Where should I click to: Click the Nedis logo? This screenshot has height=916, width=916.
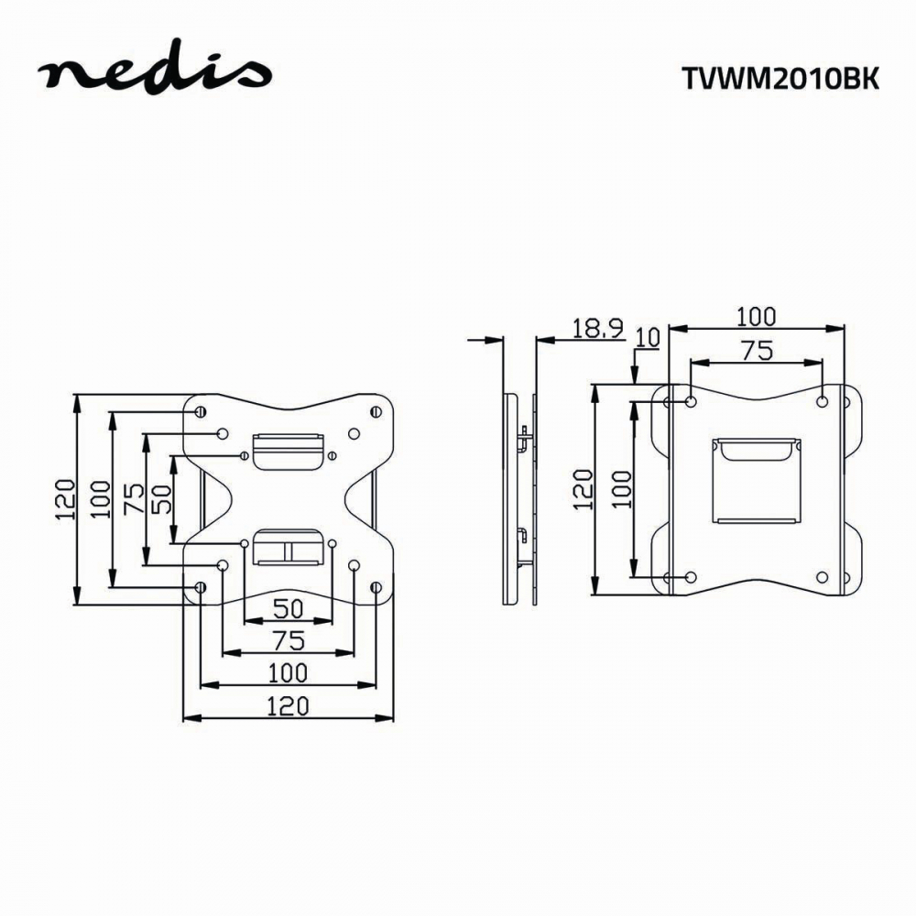[x=155, y=69]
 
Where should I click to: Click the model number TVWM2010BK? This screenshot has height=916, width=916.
[x=780, y=80]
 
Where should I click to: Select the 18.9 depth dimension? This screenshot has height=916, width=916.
[x=597, y=328]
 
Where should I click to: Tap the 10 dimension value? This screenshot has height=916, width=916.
[x=648, y=338]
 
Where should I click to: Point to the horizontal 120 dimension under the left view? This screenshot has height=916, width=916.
[x=288, y=706]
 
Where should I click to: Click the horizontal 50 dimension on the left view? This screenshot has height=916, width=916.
[x=289, y=609]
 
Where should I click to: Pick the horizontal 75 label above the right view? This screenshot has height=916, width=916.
[x=758, y=351]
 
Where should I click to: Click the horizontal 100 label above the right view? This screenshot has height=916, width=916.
[x=756, y=317]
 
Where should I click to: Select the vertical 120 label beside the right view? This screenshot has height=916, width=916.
[x=583, y=489]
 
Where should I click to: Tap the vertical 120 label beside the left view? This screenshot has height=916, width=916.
[x=65, y=499]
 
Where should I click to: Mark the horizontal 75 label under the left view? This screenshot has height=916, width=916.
[x=289, y=641]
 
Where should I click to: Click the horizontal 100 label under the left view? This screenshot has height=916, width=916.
[x=288, y=673]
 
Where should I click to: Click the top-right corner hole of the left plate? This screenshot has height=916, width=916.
[x=376, y=412]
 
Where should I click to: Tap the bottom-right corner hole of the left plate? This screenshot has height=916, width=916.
[x=376, y=587]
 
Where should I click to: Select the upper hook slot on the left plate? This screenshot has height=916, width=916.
[x=288, y=451]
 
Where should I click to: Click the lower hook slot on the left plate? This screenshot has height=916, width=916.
[x=288, y=548]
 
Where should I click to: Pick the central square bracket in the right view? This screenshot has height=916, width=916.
[x=756, y=480]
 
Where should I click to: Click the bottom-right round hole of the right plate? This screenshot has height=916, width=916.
[x=822, y=578]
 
